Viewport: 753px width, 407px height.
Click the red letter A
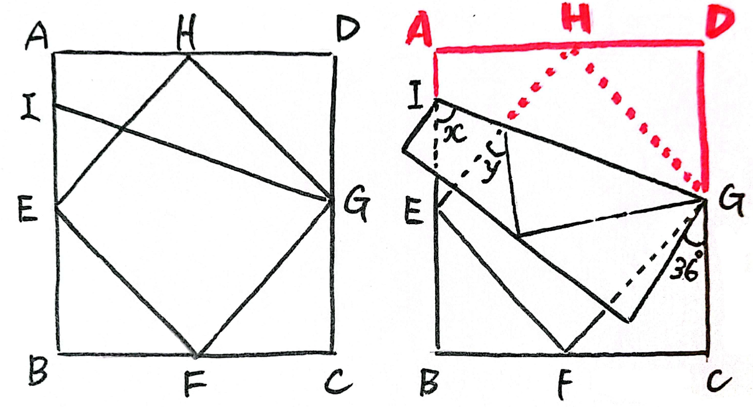[x=418, y=29]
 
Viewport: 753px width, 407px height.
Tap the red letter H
[x=576, y=19]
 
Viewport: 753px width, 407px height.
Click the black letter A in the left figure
[x=37, y=36]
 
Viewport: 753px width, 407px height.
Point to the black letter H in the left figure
[x=186, y=36]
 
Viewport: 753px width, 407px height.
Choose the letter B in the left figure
[x=38, y=372]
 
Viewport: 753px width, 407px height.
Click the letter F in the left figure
[x=195, y=383]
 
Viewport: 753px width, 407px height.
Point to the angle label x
[x=455, y=134]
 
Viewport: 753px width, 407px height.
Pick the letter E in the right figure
[x=413, y=211]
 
